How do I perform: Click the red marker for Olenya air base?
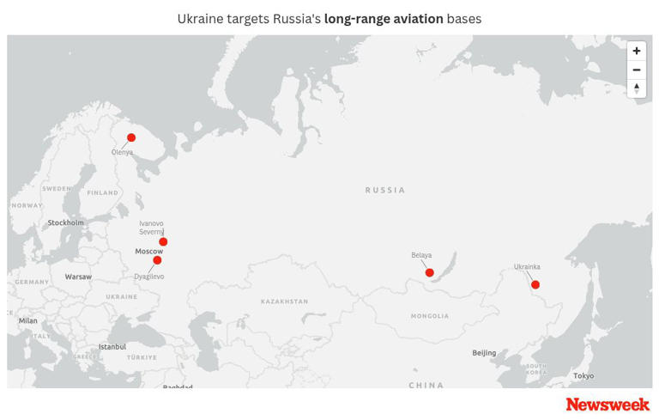pos(131,137)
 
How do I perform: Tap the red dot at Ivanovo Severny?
pos(163,242)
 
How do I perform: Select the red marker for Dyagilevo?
pos(157,260)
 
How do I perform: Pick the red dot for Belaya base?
pos(430,273)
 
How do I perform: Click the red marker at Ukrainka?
pos(535,284)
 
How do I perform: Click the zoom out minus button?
pos(636,70)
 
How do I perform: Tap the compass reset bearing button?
pos(636,88)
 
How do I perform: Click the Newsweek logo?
pos(608,404)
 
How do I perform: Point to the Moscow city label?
pos(148,251)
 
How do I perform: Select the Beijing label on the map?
pos(484,353)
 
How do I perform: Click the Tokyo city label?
pos(583,375)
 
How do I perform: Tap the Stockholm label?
pos(66,222)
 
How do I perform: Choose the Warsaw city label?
pos(78,277)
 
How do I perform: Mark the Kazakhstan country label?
pos(284,301)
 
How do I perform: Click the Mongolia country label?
pos(429,316)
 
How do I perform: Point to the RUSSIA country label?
pos(384,190)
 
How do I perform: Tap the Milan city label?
pos(28,320)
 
